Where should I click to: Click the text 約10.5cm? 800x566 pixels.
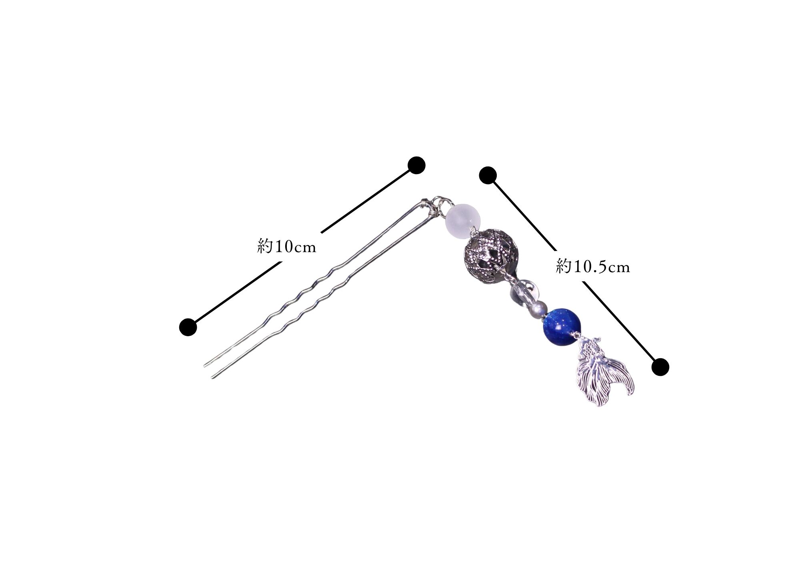point(593,266)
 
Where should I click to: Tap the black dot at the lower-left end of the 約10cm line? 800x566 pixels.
point(188,327)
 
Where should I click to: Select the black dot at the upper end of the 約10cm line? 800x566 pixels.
point(416,165)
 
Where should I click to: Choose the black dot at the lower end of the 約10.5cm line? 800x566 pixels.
point(660,367)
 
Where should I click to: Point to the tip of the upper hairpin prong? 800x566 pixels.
point(205,365)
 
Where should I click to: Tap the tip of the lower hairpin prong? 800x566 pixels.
point(212,377)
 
